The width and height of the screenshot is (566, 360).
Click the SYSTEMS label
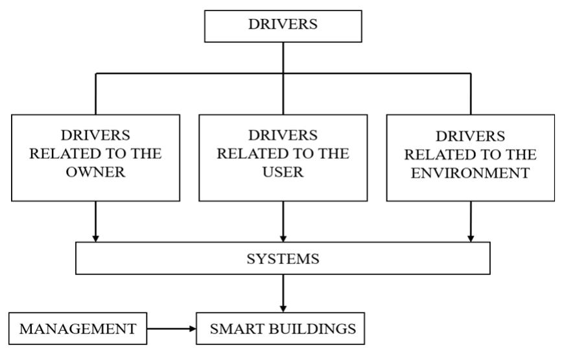(283, 259)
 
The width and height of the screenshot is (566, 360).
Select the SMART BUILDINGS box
(283, 329)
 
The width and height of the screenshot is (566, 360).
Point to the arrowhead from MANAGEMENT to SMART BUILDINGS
(192, 329)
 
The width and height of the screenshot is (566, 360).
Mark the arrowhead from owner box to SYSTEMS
(95, 239)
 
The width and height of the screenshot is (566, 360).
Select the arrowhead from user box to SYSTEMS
(283, 239)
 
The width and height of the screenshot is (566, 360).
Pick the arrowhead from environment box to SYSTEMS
(471, 239)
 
